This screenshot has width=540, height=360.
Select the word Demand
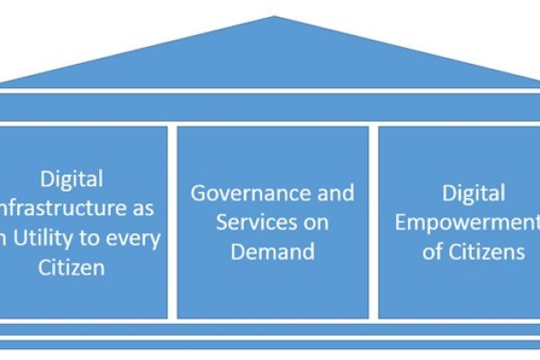273,251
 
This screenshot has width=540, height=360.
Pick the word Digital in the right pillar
473,193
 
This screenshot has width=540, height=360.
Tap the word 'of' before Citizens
433,251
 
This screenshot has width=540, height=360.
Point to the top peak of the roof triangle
272,19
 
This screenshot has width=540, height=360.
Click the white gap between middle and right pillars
373,221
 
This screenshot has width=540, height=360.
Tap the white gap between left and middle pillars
172,221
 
